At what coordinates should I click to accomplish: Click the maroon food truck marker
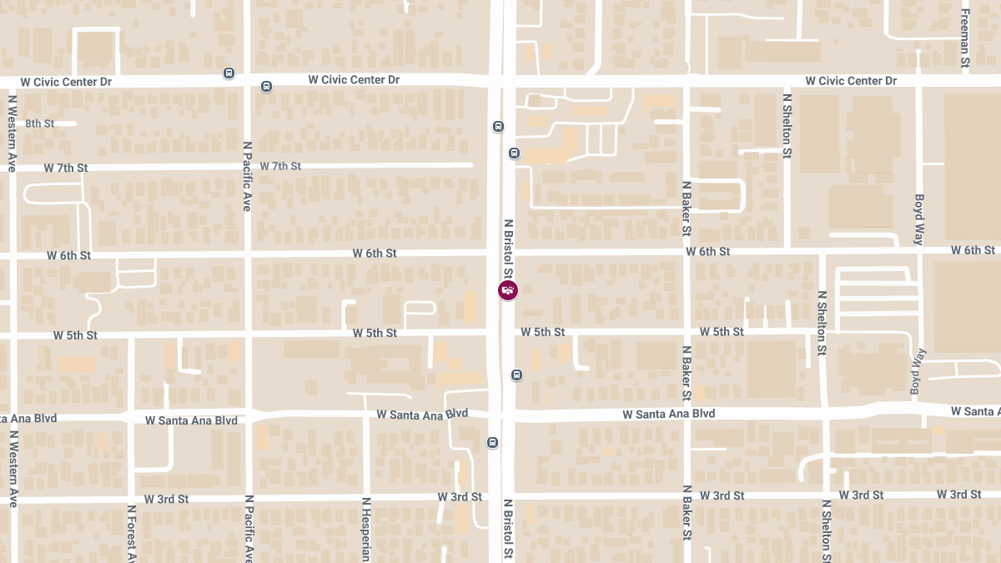[x=507, y=290]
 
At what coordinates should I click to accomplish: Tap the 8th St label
[x=39, y=123]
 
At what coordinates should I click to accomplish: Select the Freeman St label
[x=965, y=38]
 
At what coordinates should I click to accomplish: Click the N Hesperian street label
[x=365, y=530]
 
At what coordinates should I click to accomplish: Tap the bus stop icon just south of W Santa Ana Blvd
[x=493, y=442]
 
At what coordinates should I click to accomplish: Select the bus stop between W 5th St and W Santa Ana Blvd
[x=517, y=374]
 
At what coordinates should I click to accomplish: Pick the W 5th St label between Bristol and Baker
[x=542, y=332]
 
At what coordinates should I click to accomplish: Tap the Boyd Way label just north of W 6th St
[x=919, y=219]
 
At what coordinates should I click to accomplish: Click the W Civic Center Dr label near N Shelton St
[x=851, y=81]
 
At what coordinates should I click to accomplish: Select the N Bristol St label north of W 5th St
[x=508, y=249]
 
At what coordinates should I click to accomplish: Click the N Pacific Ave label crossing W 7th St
[x=248, y=176]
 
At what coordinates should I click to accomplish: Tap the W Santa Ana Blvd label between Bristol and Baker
[x=669, y=414]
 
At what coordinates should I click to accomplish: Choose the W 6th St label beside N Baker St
[x=707, y=251]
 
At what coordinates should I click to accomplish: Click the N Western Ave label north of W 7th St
[x=13, y=133]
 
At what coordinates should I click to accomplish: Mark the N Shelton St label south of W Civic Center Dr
[x=787, y=125]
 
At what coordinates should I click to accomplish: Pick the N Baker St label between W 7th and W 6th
[x=687, y=208]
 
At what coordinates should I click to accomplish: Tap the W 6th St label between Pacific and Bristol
[x=375, y=253]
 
